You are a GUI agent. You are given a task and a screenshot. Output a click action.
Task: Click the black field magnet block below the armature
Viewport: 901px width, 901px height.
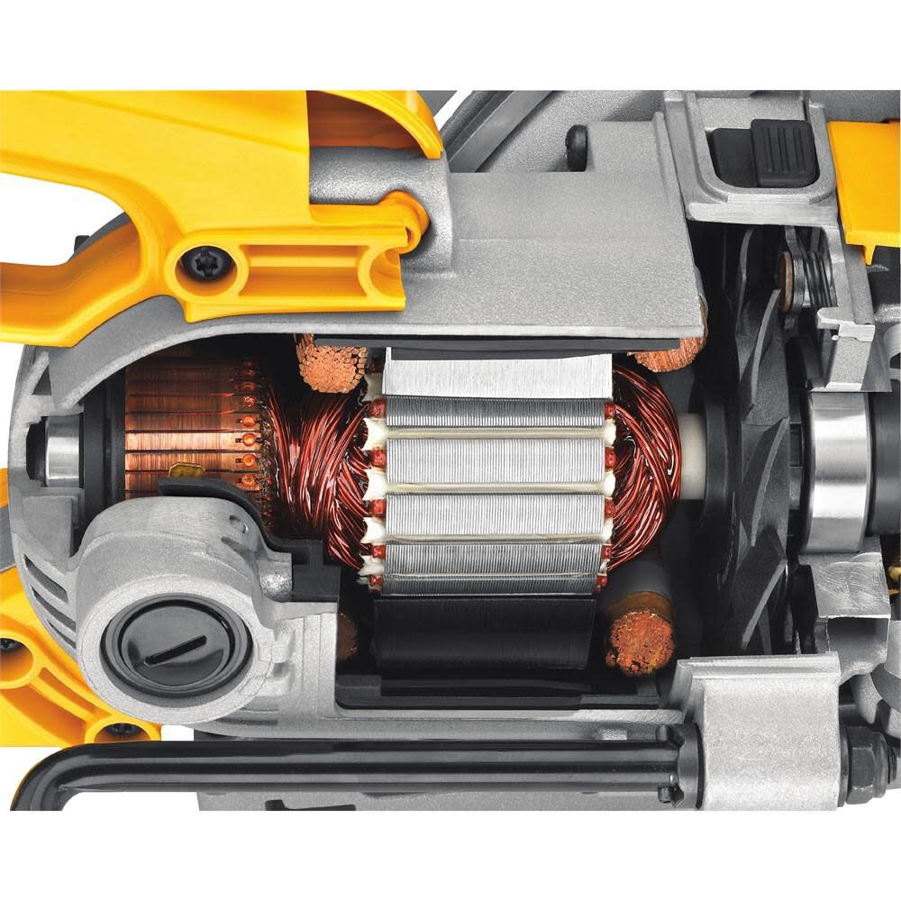(491, 631)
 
